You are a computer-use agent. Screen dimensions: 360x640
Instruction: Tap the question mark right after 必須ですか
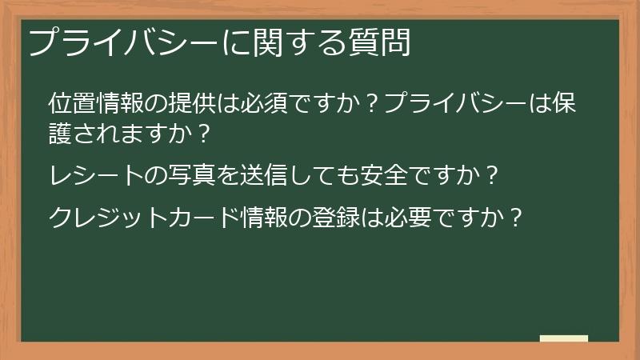370,104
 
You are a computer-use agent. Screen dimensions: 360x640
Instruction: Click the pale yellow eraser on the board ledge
564,338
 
